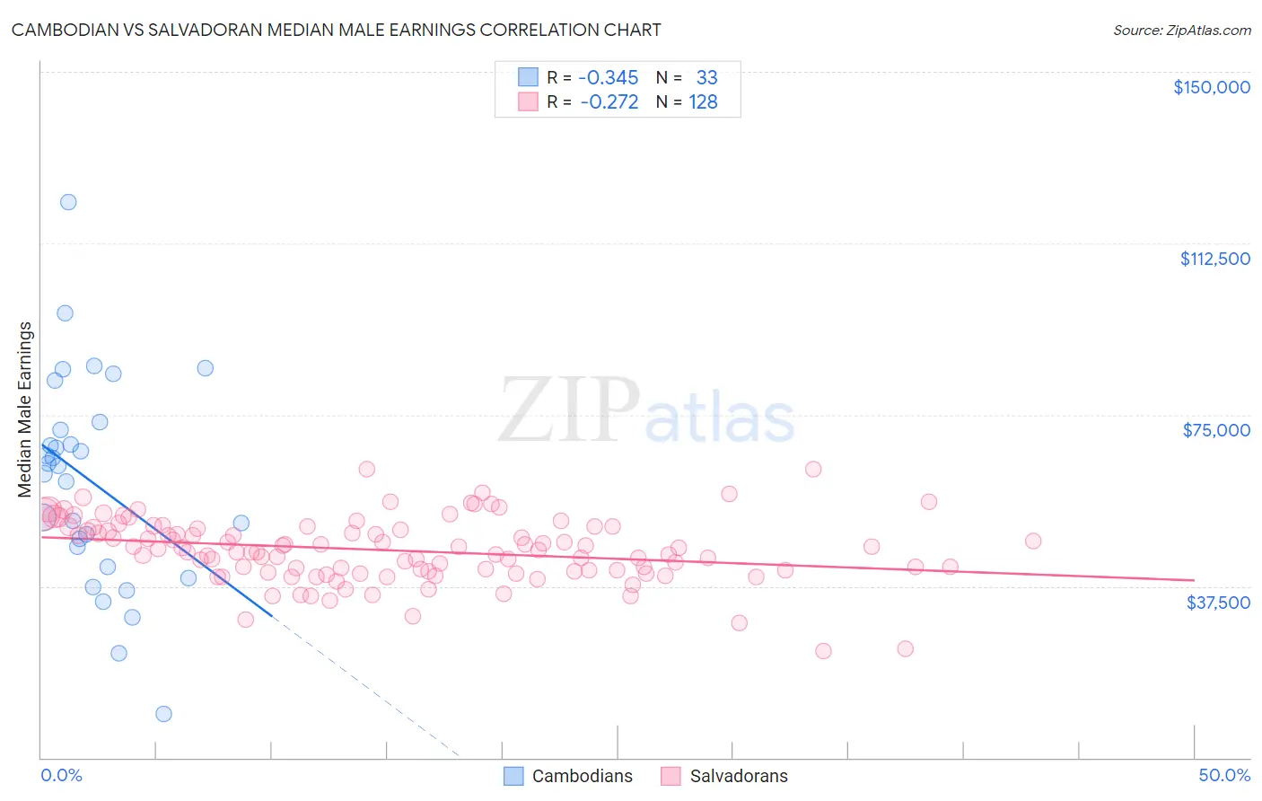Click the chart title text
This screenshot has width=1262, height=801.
pos(336,30)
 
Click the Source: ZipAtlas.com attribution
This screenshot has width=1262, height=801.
pos(1181,30)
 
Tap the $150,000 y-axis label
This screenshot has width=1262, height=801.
pos(1211,87)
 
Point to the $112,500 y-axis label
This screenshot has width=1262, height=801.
pos(1214,259)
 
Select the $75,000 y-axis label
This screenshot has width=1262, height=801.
pos(1215,430)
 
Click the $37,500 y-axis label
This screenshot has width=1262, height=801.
pos(1217,603)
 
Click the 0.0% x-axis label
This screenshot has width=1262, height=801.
pos(61,775)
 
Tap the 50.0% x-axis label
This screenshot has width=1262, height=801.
pos(1223,775)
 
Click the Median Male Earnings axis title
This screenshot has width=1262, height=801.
pos(25,409)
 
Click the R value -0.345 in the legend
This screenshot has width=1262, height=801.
pos(608,77)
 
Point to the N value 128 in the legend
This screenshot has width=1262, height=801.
pos(703,102)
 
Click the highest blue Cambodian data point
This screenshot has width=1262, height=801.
pos(68,202)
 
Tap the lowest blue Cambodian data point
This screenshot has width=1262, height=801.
pos(163,714)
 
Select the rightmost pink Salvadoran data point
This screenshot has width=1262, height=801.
pos(1033,541)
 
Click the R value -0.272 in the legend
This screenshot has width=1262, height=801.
pos(609,102)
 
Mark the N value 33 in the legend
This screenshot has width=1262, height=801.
pos(706,77)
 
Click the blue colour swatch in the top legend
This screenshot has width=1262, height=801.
pos(528,77)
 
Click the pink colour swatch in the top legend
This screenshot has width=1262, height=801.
pos(528,102)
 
